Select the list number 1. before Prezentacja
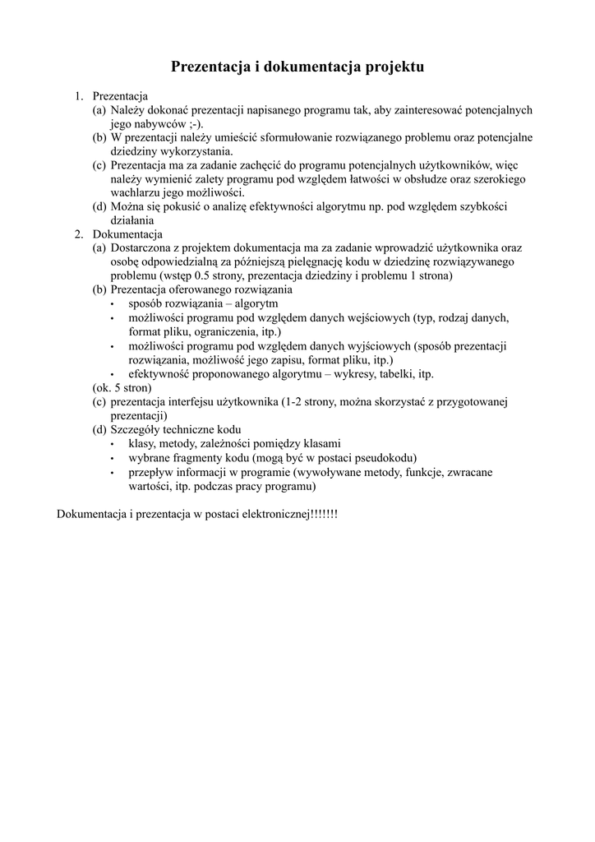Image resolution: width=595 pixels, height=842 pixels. click(79, 96)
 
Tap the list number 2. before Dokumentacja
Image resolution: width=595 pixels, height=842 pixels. click(79, 234)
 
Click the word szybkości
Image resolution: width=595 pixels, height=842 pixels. click(479, 206)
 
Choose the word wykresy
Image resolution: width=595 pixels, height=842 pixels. click(371, 373)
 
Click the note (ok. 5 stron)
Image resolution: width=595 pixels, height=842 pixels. click(122, 387)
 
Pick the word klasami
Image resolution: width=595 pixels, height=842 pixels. click(321, 443)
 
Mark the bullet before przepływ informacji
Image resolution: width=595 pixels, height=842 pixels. click(112, 472)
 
